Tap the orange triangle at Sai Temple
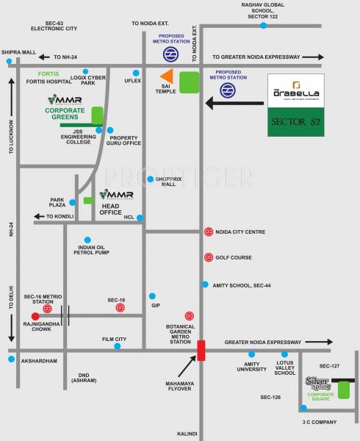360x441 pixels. click(x=168, y=76)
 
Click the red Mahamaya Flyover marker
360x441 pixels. click(x=201, y=350)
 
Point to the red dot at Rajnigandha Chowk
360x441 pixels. click(x=35, y=316)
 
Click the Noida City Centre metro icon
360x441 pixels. click(x=209, y=233)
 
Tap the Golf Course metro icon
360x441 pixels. click(x=209, y=257)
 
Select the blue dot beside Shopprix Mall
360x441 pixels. click(x=150, y=179)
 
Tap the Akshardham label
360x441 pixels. click(x=39, y=362)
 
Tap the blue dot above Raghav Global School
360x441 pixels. click(x=262, y=26)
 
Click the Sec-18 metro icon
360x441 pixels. click(x=120, y=309)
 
